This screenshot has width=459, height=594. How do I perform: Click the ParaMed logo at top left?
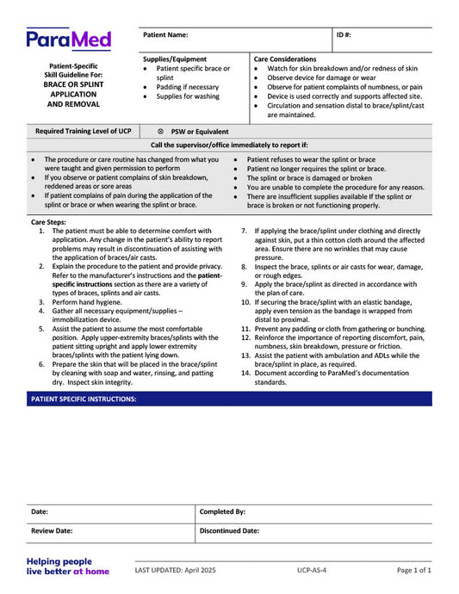(68, 39)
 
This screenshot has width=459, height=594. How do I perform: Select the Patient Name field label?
(165, 35)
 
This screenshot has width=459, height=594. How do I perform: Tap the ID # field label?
(344, 35)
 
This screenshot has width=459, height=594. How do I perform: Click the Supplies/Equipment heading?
(175, 59)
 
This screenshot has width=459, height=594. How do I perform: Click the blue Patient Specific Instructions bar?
(229, 399)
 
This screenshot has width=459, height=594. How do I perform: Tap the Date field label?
(40, 511)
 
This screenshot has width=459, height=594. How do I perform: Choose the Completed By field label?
(222, 511)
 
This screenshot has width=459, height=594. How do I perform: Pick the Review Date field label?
(52, 531)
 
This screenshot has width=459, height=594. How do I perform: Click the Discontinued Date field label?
(229, 531)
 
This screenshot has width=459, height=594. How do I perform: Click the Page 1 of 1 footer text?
(414, 570)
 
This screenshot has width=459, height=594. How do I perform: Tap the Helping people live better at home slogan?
(67, 566)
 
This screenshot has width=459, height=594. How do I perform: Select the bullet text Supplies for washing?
(188, 96)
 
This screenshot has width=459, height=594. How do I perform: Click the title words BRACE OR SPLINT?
(73, 84)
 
